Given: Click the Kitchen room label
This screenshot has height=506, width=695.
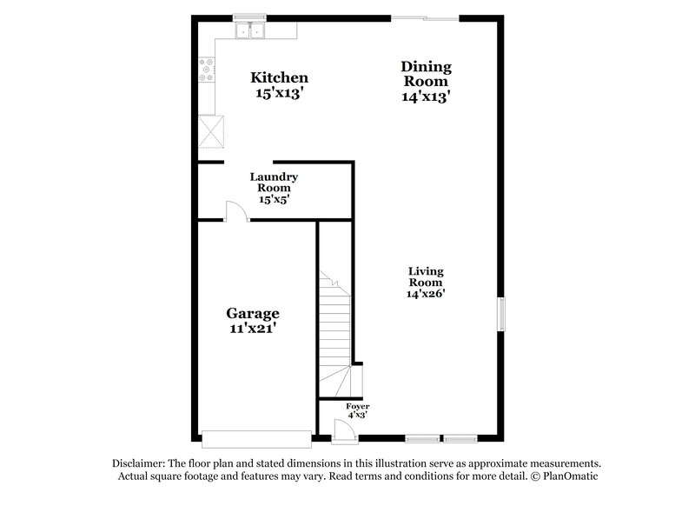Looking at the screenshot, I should (279, 77).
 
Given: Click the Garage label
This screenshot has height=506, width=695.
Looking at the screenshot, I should (253, 313).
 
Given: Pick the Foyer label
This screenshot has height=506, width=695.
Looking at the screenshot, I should (357, 406).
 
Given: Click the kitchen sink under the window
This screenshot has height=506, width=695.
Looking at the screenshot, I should (252, 31).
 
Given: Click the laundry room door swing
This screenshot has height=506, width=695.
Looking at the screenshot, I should (235, 211).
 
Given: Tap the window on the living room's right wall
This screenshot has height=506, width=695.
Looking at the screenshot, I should (500, 314).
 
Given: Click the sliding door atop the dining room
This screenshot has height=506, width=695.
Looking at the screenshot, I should (425, 18).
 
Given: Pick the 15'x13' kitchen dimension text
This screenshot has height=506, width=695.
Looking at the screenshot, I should (279, 94).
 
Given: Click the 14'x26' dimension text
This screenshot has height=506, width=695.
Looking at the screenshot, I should (426, 294).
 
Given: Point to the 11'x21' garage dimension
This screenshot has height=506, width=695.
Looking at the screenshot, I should (253, 330).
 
